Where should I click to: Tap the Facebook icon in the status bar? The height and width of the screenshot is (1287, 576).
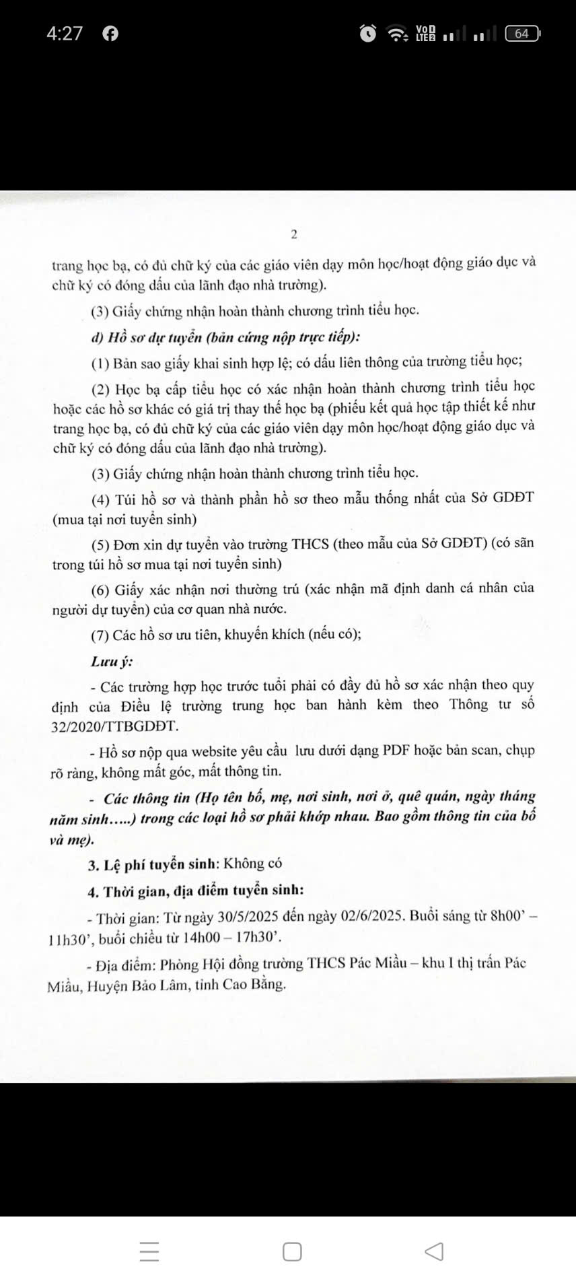coord(110,33)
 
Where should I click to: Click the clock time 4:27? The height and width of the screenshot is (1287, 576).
coord(65,33)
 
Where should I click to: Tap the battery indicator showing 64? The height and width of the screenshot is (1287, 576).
coord(523,33)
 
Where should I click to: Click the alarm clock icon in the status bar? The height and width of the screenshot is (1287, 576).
coord(368,33)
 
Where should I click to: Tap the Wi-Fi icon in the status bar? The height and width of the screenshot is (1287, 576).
coord(398,33)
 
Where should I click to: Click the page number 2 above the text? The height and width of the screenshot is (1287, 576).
coord(294,234)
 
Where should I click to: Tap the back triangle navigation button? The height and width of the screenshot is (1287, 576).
coord(435,1251)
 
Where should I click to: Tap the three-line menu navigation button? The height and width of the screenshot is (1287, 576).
coord(149,1251)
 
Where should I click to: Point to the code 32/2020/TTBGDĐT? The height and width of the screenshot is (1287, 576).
coord(114,726)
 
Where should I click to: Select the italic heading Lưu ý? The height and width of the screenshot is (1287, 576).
coord(112,661)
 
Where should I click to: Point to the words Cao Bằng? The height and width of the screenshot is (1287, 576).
coord(259,985)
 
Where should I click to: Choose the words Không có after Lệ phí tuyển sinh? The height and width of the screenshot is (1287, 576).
coord(252,864)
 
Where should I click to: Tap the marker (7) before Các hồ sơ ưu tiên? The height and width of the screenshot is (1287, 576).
coord(100,635)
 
